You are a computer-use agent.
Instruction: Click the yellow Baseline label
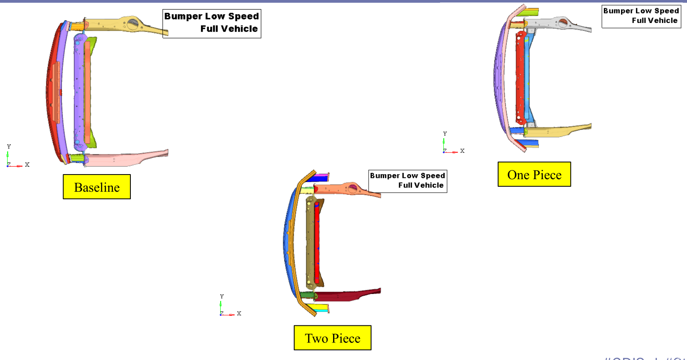[x=97, y=187]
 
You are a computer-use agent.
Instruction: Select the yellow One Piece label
[x=534, y=174]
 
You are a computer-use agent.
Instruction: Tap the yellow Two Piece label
[x=332, y=337]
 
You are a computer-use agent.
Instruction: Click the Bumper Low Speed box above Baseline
[x=211, y=23]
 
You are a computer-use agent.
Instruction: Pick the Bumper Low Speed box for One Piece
[x=641, y=16]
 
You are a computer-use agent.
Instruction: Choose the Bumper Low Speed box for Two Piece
[x=407, y=181]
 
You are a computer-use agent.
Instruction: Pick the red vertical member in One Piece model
[x=519, y=79]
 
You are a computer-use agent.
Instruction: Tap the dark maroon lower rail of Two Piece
[x=347, y=295]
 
